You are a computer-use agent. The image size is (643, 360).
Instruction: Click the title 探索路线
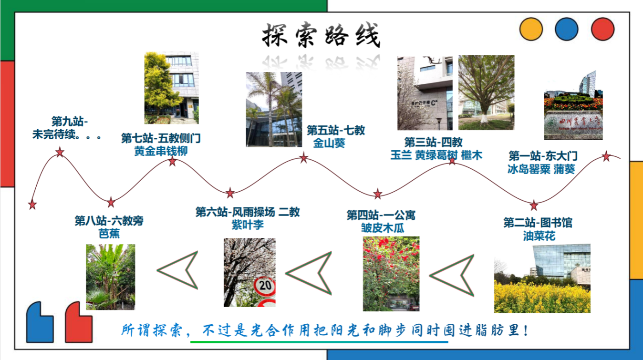click(321, 35)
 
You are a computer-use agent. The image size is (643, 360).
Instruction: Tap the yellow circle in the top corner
click(531, 29)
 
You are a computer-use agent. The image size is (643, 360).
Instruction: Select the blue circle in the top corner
click(567, 29)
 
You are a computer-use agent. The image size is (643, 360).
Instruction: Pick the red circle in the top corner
click(603, 29)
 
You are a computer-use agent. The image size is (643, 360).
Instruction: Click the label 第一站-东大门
click(543, 156)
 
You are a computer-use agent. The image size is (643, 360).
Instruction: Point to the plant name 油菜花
click(539, 236)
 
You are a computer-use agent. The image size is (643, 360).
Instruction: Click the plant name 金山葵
click(329, 143)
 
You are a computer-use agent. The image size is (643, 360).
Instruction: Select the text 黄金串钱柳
click(161, 151)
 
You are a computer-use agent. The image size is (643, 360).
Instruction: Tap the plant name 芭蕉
click(109, 234)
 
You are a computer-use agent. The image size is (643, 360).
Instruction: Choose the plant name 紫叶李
click(248, 225)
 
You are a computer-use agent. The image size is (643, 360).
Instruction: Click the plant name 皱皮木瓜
click(383, 228)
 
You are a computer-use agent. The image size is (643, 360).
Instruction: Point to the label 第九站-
click(70, 121)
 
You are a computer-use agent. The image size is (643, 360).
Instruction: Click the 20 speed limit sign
click(265, 286)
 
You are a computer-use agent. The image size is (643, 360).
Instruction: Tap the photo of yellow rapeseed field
click(542, 278)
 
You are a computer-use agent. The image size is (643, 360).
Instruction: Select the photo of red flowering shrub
click(391, 274)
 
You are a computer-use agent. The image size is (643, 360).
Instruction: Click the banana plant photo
click(111, 277)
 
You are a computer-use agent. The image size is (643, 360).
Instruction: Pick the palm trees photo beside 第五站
click(274, 109)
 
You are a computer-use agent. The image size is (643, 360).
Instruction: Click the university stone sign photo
click(573, 105)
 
